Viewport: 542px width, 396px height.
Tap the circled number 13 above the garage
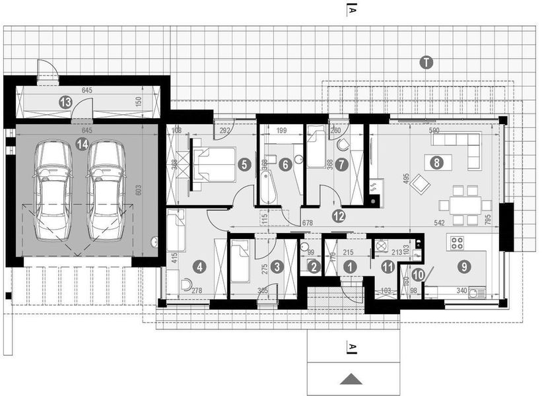coord(65,102)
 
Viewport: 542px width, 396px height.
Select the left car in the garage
coord(53,191)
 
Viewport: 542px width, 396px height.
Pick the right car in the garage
coord(106,191)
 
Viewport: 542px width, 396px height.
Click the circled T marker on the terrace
coord(426,63)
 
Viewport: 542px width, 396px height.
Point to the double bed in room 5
coord(215,164)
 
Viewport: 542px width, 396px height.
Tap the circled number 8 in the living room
coord(434,161)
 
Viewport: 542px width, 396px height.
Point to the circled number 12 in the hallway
coord(338,214)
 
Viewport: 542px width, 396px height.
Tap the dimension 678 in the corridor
coord(308,224)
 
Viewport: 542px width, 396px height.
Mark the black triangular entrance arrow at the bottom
coord(353,379)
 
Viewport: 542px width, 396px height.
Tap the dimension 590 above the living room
coord(434,131)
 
